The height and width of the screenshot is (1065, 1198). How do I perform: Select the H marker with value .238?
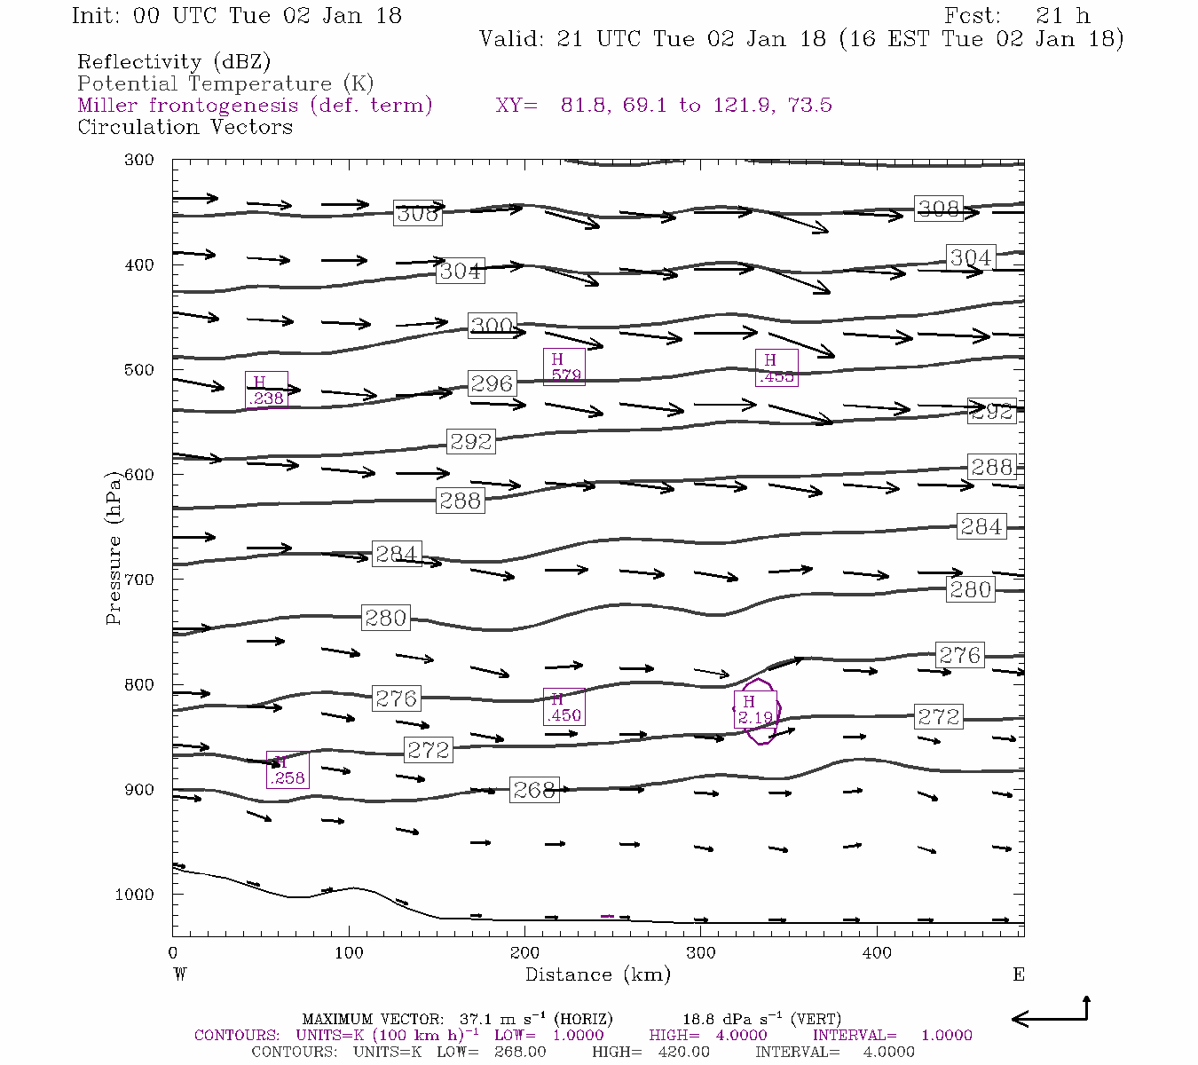pyautogui.click(x=266, y=390)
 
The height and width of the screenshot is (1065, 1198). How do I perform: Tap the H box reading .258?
pyautogui.click(x=288, y=770)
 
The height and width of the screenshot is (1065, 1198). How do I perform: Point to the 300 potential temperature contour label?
pyautogui.click(x=493, y=326)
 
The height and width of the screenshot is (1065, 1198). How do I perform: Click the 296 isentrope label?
pyautogui.click(x=492, y=383)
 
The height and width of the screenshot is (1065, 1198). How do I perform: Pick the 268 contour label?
pyautogui.click(x=534, y=790)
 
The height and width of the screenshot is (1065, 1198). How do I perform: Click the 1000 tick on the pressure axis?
pyautogui.click(x=135, y=895)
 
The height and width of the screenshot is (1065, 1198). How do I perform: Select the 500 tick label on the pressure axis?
pyautogui.click(x=138, y=370)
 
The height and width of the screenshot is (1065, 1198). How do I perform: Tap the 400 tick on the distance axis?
pyautogui.click(x=877, y=953)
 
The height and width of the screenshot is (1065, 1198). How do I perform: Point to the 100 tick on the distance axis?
pyautogui.click(x=349, y=953)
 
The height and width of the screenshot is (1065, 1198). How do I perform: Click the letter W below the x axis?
pyautogui.click(x=179, y=974)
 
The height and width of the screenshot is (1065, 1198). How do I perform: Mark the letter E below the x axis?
pyautogui.click(x=1019, y=974)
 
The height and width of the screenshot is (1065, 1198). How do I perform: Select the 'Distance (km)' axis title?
pyautogui.click(x=597, y=974)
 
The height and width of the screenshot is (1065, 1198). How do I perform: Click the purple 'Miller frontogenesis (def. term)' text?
pyautogui.click(x=255, y=106)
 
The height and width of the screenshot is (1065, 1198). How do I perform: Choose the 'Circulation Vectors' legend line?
pyautogui.click(x=185, y=127)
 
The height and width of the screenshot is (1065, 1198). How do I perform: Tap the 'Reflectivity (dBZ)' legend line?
pyautogui.click(x=174, y=62)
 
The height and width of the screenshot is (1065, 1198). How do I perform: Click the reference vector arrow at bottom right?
pyautogui.click(x=1051, y=1014)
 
